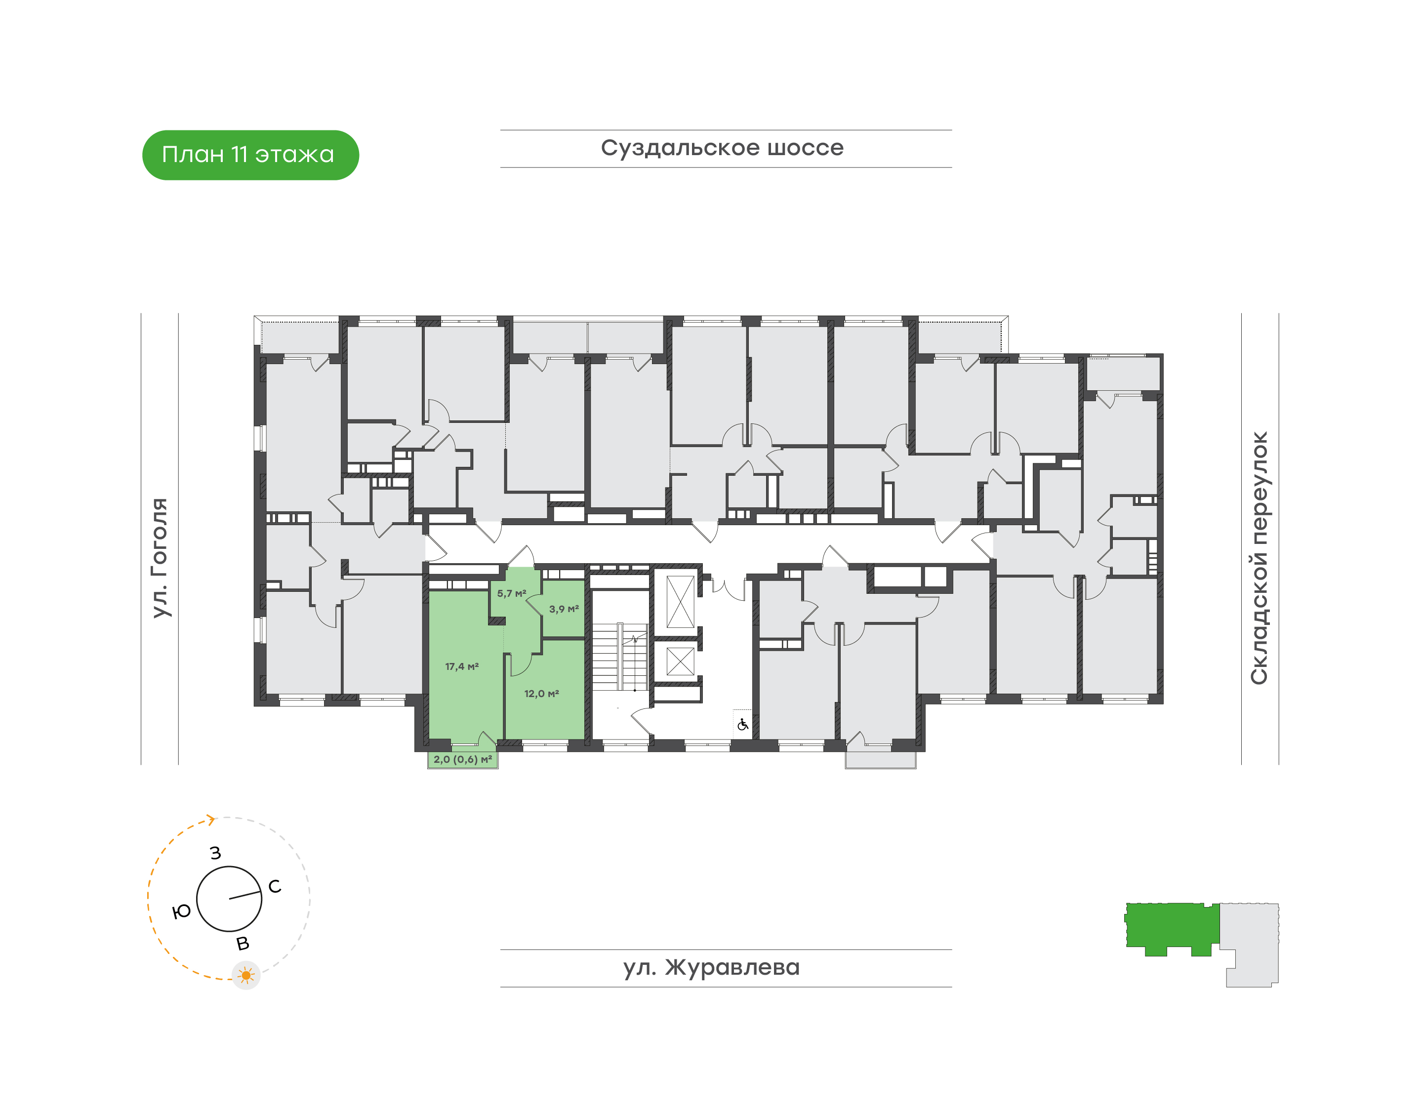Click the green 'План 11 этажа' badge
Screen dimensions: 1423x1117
coord(250,155)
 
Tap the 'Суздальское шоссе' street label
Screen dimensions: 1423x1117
coord(722,148)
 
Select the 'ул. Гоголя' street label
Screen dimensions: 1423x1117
coord(160,557)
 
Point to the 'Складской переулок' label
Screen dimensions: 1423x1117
coord(1259,558)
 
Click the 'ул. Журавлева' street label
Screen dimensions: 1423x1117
coord(711,967)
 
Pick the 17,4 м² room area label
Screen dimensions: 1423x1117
coord(462,666)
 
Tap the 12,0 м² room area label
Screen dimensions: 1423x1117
coord(541,693)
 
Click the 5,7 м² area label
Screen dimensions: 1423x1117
coord(511,594)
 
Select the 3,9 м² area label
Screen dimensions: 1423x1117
coord(564,609)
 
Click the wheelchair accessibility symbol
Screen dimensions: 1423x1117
coord(743,725)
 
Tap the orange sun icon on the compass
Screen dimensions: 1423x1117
coord(246,976)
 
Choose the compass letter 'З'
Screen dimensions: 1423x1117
coord(216,853)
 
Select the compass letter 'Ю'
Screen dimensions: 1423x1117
coord(181,911)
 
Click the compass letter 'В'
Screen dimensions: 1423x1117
coord(243,944)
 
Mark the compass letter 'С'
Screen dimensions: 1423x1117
coord(275,886)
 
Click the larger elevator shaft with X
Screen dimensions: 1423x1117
coord(680,602)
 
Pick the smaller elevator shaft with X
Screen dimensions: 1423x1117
coord(680,661)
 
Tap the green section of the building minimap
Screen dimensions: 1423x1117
coord(1172,927)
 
